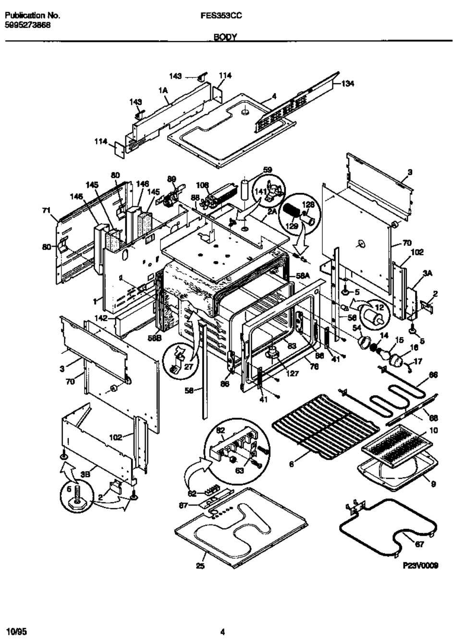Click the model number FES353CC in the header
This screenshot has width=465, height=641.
click(x=221, y=15)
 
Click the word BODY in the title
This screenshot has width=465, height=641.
click(x=226, y=37)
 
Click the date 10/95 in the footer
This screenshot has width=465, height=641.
click(x=17, y=631)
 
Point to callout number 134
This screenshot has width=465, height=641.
click(x=348, y=84)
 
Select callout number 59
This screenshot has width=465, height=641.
click(x=268, y=169)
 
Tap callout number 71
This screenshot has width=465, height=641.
click(x=46, y=210)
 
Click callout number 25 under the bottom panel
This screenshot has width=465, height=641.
click(x=200, y=566)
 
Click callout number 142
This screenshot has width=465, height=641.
click(x=100, y=318)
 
